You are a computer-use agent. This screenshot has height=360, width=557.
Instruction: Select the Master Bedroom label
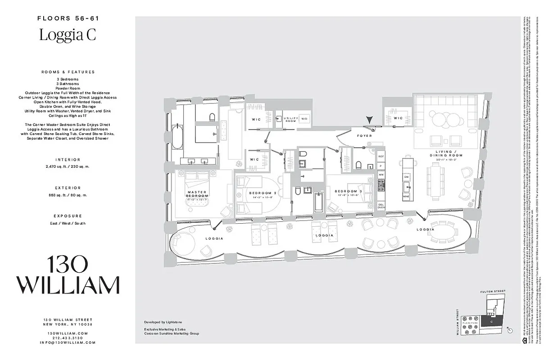coord(197,194)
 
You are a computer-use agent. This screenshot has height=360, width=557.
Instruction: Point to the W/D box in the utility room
coord(304,119)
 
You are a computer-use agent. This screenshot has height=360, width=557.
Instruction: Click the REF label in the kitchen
coord(381,157)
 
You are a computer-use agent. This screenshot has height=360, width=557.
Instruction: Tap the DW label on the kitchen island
coord(407,177)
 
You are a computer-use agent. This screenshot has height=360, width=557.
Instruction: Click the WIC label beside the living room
coord(398,118)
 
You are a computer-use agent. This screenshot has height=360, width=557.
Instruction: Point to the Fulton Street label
coord(494,292)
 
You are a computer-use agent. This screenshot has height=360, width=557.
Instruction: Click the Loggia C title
coord(68,35)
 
